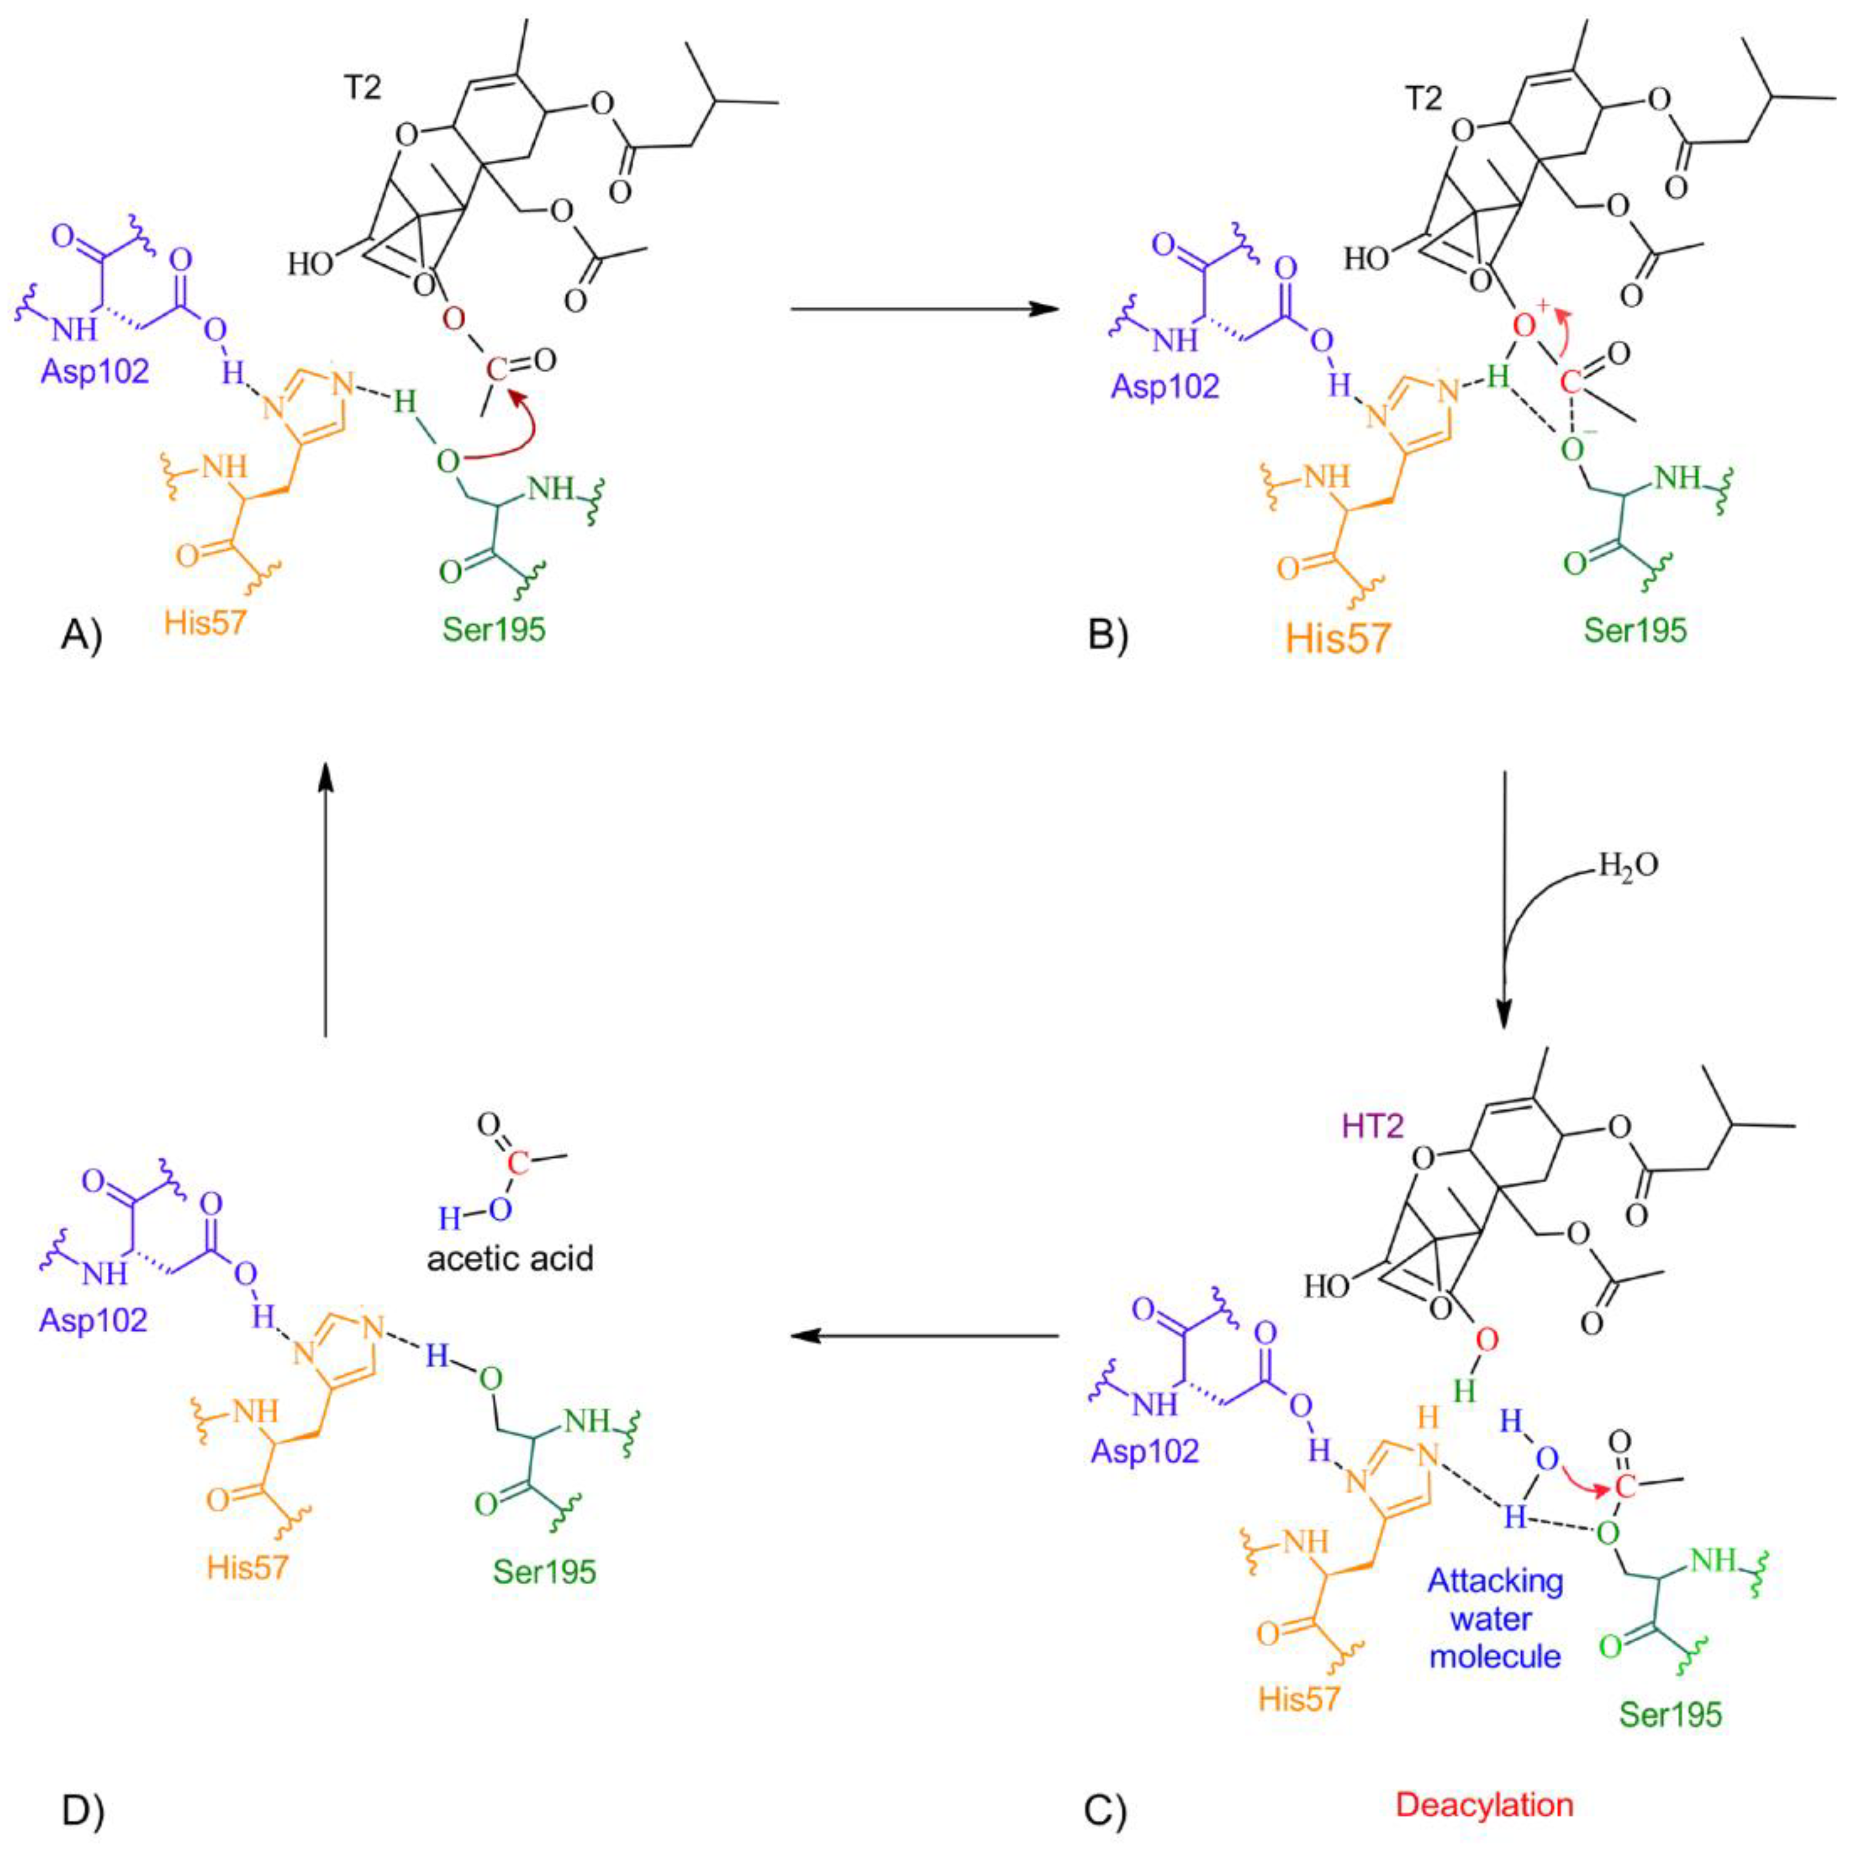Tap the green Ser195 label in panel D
click(x=545, y=1571)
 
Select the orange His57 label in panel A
click(x=205, y=623)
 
